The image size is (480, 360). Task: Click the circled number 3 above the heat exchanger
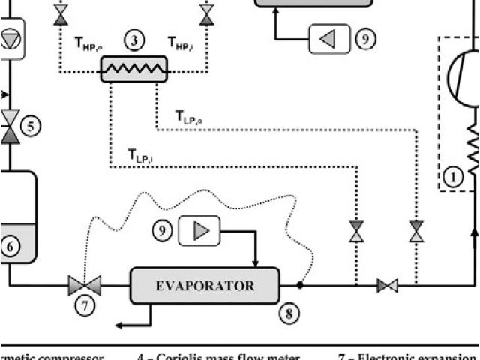(133, 42)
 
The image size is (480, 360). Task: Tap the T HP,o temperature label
(88, 43)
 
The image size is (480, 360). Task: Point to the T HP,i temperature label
(180, 43)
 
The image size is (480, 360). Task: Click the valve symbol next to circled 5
(10, 126)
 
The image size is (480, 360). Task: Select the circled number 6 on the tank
(10, 245)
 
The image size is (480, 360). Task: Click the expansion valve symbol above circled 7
(85, 284)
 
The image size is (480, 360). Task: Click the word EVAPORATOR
(205, 286)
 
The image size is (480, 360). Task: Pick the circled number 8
(291, 313)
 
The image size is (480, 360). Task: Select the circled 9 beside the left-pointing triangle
(365, 39)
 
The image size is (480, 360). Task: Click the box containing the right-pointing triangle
(199, 231)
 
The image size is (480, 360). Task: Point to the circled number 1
(452, 178)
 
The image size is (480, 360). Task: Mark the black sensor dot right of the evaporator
(299, 285)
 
